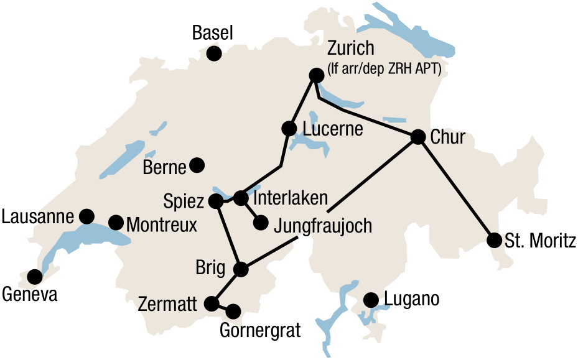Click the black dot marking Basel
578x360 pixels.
pos(214,53)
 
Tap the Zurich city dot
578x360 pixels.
pos(316,75)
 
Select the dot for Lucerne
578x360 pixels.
pos(289,129)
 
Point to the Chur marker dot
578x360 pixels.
pos(418,137)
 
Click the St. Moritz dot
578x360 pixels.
pos(495,240)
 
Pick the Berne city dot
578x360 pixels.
pos(197,165)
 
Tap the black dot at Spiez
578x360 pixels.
pos(216,201)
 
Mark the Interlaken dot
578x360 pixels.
pos(241,198)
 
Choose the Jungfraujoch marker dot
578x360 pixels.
pos(261,222)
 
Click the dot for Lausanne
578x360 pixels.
pos(86,216)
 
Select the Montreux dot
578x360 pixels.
pos(116,222)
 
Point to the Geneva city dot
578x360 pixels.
pos(35,275)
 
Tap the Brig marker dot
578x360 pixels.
pos(241,269)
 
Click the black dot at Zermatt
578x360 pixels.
pos(212,303)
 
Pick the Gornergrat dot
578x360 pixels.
pos(234,310)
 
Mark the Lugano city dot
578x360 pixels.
pos(371,300)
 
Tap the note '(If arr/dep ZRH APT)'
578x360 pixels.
pos(384,70)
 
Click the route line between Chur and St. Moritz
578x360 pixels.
pos(456,188)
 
